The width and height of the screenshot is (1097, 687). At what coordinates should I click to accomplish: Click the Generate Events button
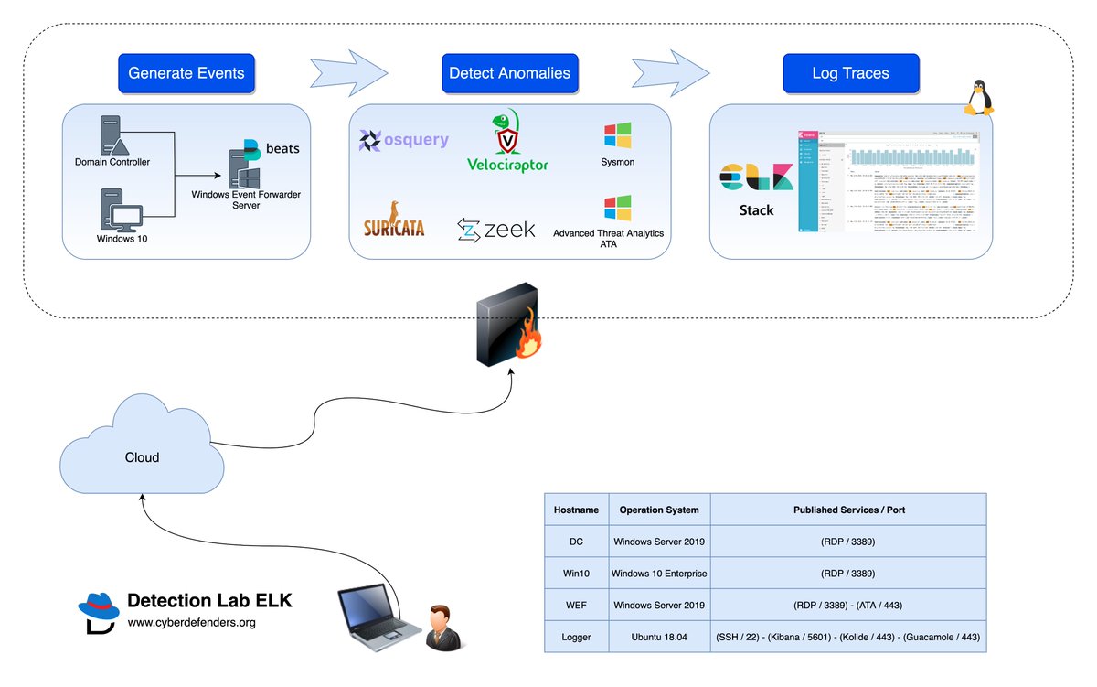coord(186,73)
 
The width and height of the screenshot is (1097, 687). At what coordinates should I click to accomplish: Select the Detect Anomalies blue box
coord(509,73)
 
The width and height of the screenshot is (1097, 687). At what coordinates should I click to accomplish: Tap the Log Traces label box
coord(850,73)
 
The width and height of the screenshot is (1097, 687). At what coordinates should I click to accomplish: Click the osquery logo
coord(404,140)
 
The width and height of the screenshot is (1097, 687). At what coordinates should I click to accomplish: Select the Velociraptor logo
coord(508,142)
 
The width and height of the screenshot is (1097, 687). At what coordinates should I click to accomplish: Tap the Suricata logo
coord(394,220)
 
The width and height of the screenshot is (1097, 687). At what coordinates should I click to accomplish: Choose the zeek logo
coord(496,230)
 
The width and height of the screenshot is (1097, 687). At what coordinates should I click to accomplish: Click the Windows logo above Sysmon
coord(617,135)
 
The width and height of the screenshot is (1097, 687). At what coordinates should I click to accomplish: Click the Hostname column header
coord(576,510)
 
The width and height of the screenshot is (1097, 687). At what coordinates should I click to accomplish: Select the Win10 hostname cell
coord(576,574)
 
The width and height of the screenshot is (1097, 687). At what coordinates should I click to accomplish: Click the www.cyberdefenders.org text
coord(191,623)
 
